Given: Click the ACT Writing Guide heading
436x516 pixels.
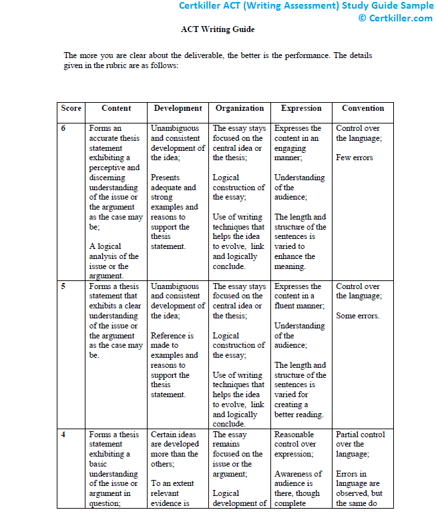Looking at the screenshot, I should tap(218, 30).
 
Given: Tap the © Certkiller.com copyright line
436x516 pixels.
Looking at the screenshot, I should tap(395, 18).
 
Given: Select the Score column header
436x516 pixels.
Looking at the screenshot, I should tap(71, 108).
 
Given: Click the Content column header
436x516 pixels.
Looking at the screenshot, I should tap(116, 108).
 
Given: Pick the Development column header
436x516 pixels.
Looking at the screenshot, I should tap(178, 108).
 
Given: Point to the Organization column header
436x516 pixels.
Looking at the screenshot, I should tap(240, 108).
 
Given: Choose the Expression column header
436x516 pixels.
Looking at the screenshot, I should tap(301, 108).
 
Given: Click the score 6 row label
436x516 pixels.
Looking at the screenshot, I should tap(63, 128).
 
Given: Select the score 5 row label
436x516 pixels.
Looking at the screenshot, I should tap(63, 286).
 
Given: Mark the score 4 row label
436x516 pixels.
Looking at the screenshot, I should tap(63, 435).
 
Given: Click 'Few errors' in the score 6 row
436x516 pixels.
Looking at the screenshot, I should tap(355, 158).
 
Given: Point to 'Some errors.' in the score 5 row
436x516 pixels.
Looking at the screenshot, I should tap(357, 316).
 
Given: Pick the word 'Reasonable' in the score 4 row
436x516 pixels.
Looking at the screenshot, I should tap(294, 435).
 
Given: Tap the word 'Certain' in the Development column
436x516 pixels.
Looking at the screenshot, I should tap(164, 435).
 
